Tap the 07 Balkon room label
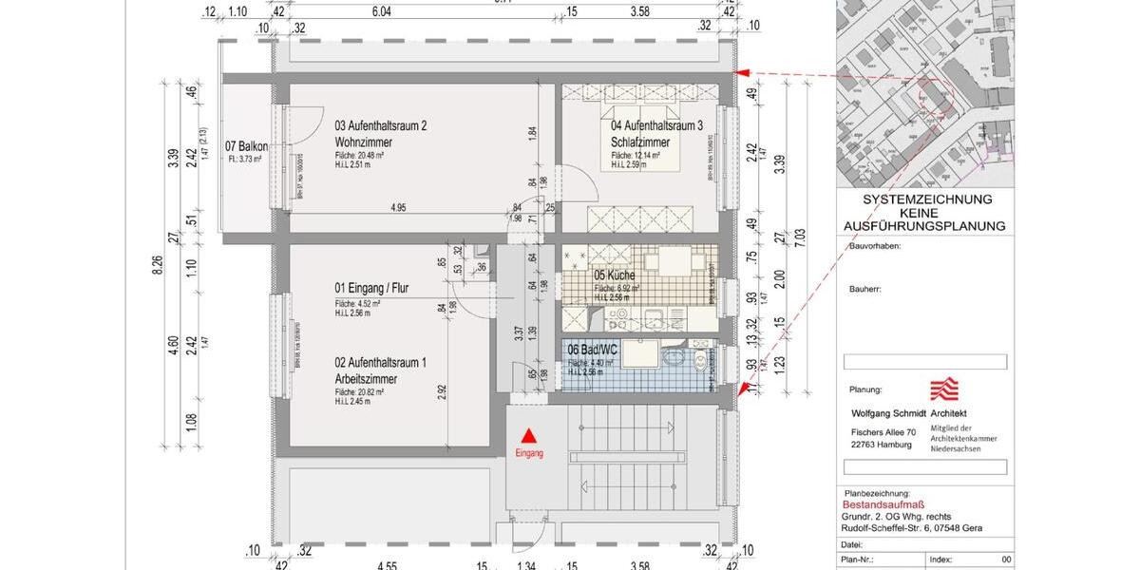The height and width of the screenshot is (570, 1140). [x=246, y=146]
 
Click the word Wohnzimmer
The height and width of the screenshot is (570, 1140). [x=364, y=142]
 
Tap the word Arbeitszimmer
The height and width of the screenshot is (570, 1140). [x=366, y=379]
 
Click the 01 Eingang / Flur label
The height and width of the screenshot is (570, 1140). [x=371, y=288]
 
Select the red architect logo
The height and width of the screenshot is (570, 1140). [x=943, y=389]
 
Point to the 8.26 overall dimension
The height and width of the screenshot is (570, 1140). [x=158, y=270]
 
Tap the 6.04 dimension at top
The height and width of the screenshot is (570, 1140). [x=381, y=12]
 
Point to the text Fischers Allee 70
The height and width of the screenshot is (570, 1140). [x=883, y=432]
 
